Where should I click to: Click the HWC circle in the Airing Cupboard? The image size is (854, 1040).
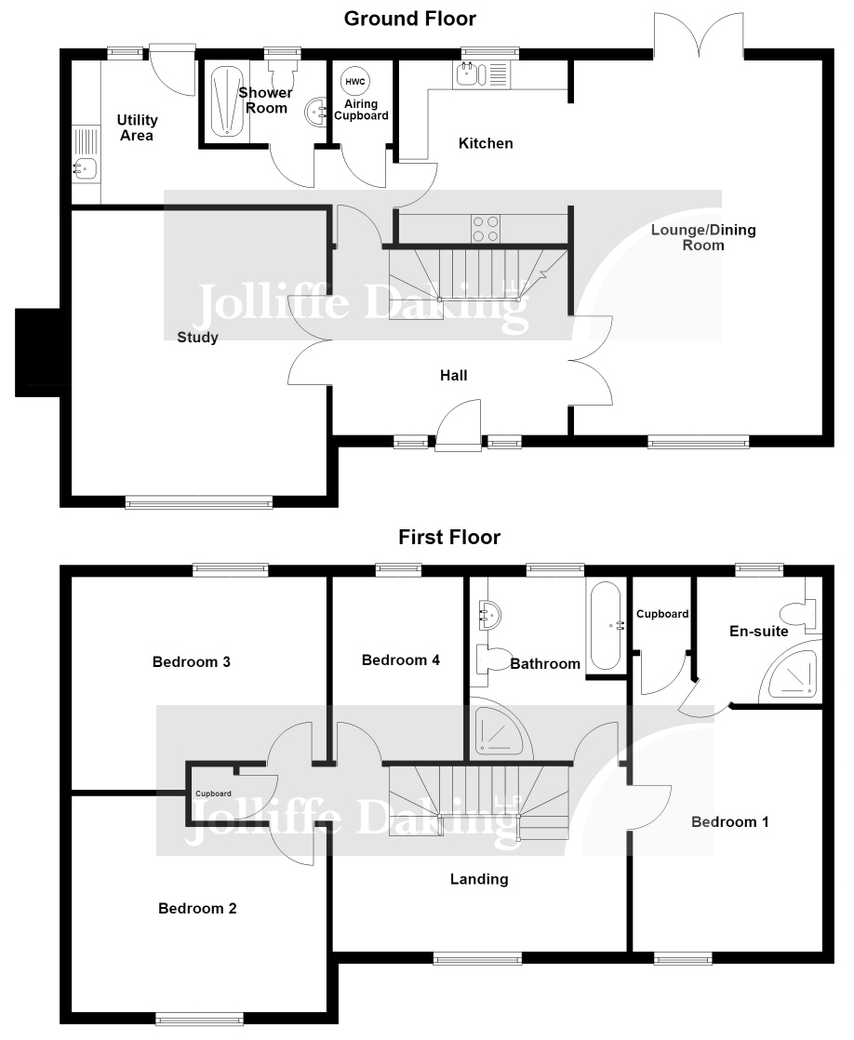click(355, 82)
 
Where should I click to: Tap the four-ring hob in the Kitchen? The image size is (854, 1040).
click(485, 229)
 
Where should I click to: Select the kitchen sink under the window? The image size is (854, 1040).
click(482, 74)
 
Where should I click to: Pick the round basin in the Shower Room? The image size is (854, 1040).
click(316, 112)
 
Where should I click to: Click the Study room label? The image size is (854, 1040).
click(198, 338)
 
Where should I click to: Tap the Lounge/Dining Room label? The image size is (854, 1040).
click(703, 237)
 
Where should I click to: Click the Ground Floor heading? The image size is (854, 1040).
click(410, 19)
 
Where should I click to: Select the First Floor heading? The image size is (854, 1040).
click(449, 538)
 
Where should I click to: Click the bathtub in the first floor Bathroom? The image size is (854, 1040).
click(606, 627)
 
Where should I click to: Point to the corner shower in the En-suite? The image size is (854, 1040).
click(790, 672)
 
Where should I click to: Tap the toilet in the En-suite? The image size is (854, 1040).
click(800, 614)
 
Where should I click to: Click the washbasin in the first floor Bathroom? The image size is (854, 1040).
click(489, 614)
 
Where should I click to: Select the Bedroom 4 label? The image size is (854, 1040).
click(401, 660)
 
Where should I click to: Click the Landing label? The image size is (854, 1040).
click(479, 879)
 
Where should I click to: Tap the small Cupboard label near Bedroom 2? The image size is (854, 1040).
click(214, 793)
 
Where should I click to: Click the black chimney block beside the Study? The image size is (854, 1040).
click(38, 353)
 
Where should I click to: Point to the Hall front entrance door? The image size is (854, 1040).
click(459, 426)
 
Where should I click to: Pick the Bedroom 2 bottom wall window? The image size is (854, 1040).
click(199, 1020)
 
